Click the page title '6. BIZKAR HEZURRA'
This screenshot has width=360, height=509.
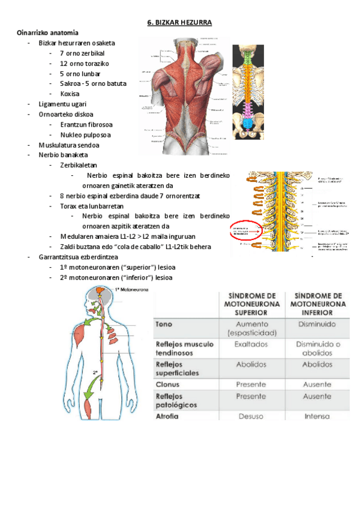[x=180, y=23]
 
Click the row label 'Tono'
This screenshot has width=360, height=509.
[x=164, y=324]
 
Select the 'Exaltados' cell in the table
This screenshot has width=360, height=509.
[x=251, y=345]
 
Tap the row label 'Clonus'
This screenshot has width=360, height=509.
[x=167, y=384]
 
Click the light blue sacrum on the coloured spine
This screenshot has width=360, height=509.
[x=248, y=125]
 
